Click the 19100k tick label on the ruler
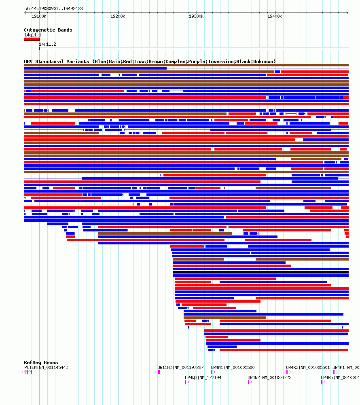tap(39, 16)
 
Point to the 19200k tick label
tap(118, 16)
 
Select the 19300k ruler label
tap(196, 16)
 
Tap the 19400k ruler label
tap(275, 16)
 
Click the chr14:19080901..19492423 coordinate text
tap(53, 8)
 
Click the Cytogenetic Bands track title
tap(48, 30)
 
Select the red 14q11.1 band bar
tap(32, 39)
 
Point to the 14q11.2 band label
tap(47, 44)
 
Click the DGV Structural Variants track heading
tap(150, 61)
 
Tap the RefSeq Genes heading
tap(41, 363)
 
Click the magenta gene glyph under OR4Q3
tap(187, 382)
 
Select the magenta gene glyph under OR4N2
tap(250, 382)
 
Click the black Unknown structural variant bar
tap(261, 272)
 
